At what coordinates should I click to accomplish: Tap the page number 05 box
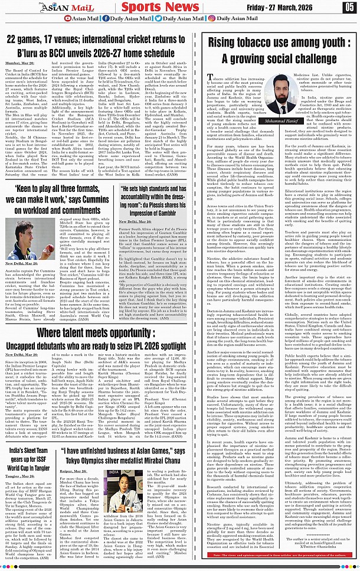click(x=350, y=7)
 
